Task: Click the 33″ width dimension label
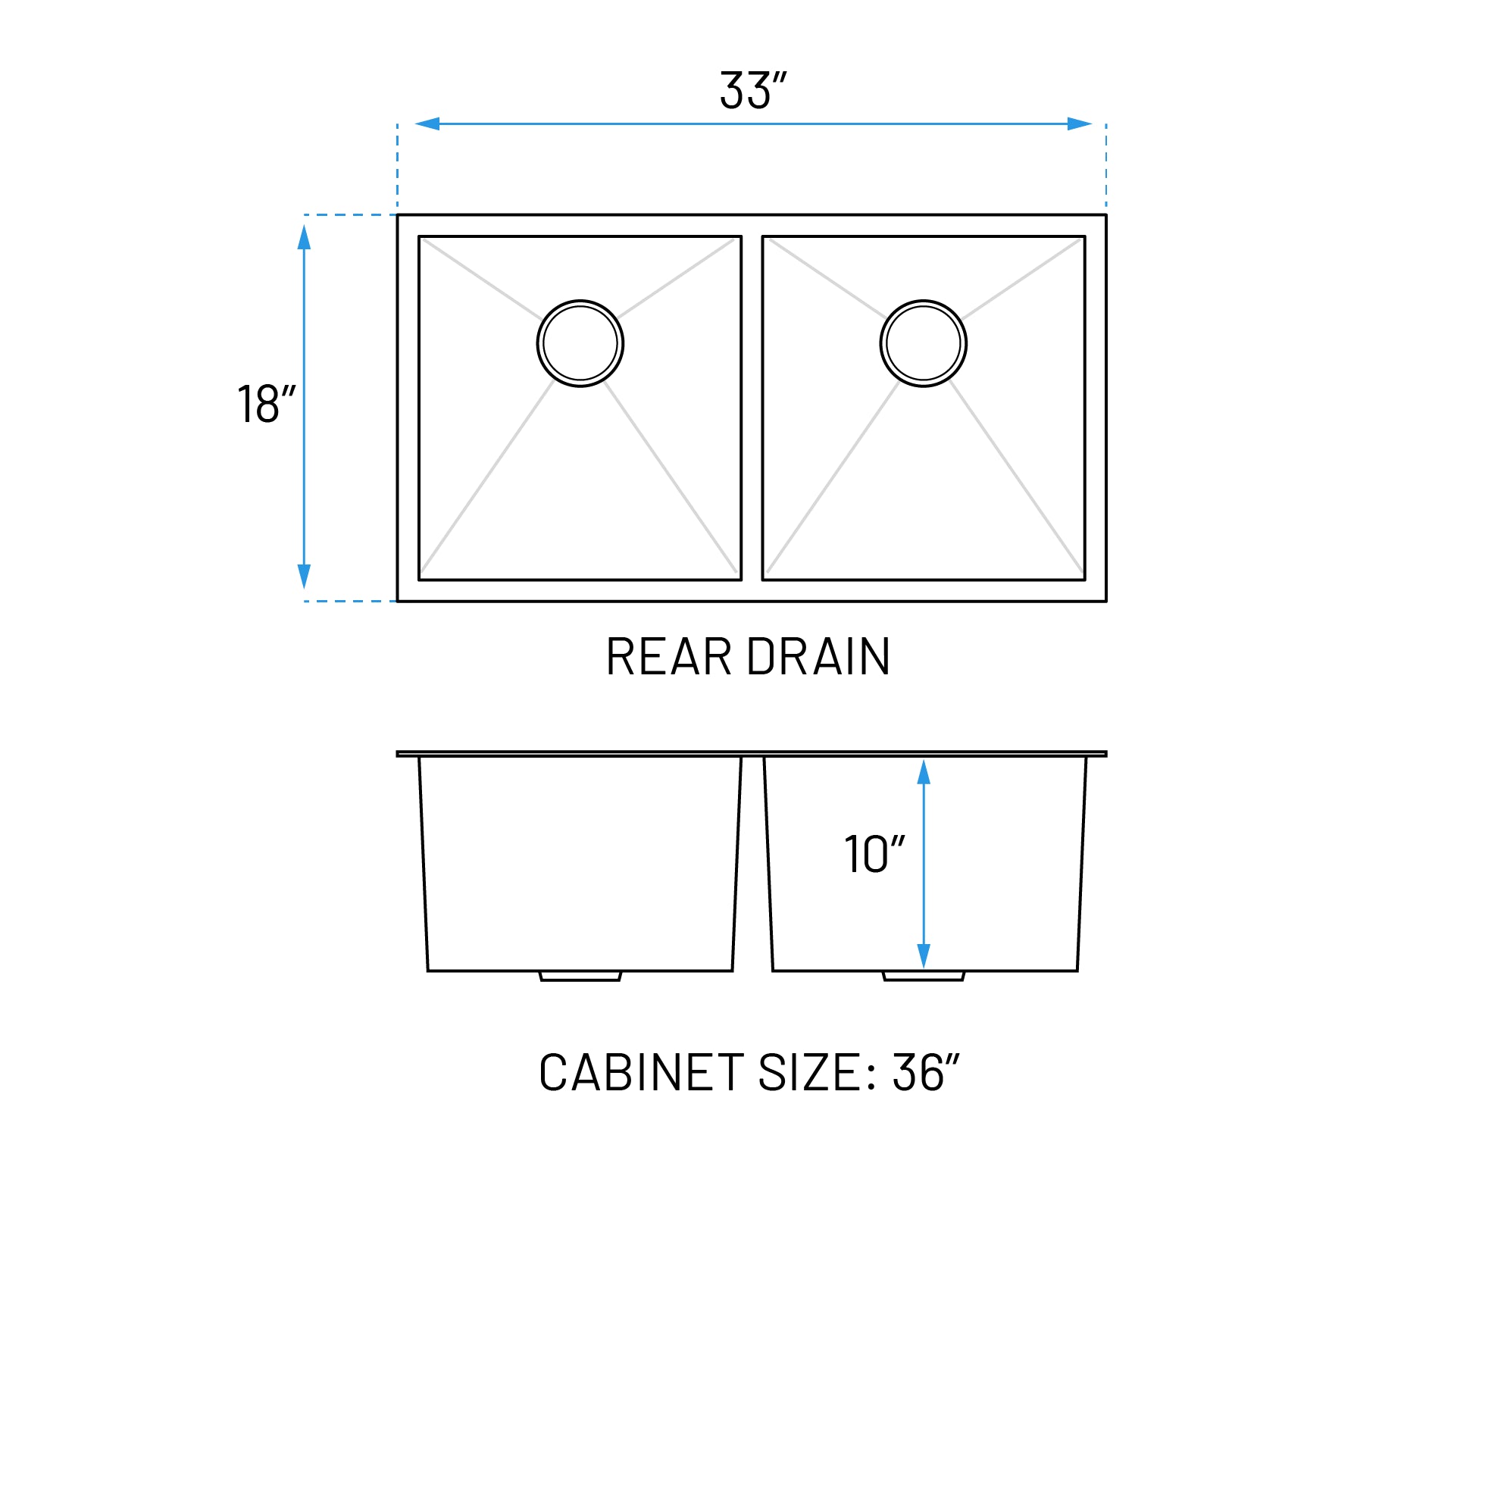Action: pyautogui.click(x=753, y=90)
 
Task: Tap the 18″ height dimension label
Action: pyautogui.click(x=266, y=403)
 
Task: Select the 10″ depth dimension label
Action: pyautogui.click(x=874, y=854)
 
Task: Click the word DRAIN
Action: pyautogui.click(x=818, y=657)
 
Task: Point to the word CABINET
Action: pyautogui.click(x=642, y=1073)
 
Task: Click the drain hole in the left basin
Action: pyautogui.click(x=580, y=343)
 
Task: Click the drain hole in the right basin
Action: pyautogui.click(x=924, y=343)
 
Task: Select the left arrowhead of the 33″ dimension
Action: pyautogui.click(x=427, y=124)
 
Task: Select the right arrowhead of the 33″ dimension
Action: pyautogui.click(x=1079, y=124)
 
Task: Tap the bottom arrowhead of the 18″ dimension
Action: pyautogui.click(x=305, y=576)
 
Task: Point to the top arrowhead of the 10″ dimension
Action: pyautogui.click(x=924, y=772)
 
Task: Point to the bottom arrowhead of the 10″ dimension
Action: pyautogui.click(x=924, y=955)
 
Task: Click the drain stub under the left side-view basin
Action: pyautogui.click(x=580, y=976)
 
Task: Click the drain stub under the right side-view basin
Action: pyautogui.click(x=924, y=976)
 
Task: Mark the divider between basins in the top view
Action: pyautogui.click(x=752, y=408)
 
